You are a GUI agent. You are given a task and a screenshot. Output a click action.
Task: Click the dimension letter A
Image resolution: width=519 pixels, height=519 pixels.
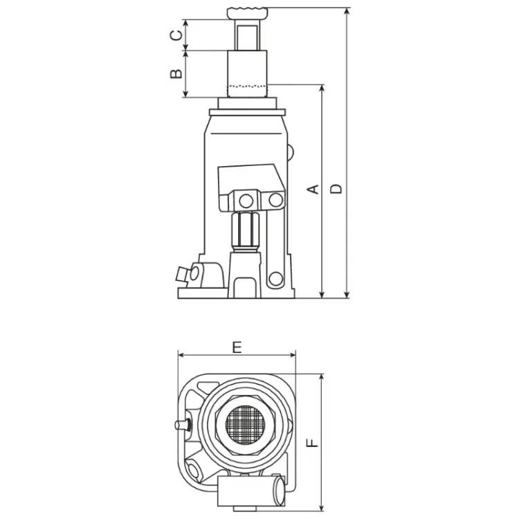point(313,189)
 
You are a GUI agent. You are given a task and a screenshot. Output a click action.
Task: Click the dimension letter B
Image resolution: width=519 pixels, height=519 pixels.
point(176,73)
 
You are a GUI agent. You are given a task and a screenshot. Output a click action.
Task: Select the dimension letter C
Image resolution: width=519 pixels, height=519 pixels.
point(176,35)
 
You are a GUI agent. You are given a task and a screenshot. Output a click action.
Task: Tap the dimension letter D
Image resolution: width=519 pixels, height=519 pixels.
point(336,189)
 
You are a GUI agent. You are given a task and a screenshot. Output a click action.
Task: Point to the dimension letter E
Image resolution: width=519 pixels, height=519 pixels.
point(237,347)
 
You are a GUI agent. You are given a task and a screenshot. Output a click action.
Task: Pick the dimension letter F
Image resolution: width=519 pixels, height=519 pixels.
point(313,443)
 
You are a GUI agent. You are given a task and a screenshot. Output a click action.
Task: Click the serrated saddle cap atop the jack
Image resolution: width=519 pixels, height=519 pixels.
point(247,13)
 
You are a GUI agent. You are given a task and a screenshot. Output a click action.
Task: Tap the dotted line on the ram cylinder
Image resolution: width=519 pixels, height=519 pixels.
point(247,86)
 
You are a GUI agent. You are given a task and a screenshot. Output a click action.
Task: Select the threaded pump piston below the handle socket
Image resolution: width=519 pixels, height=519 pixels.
point(246,231)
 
